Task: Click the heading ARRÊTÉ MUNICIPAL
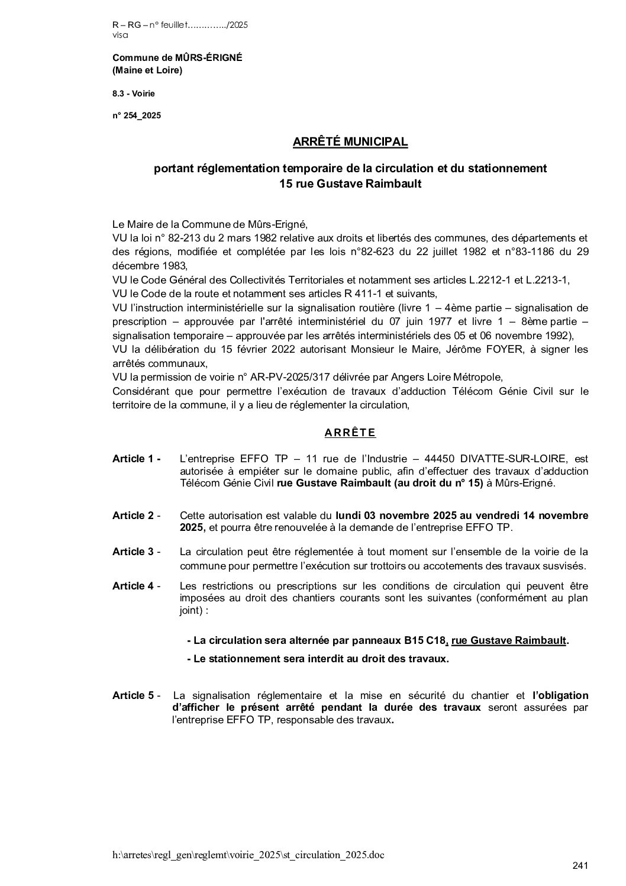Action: (350, 142)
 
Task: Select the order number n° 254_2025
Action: (137, 115)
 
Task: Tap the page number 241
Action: (580, 866)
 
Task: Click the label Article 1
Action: (136, 459)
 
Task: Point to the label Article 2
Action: (136, 516)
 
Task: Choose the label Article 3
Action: (136, 552)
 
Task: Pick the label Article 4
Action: (136, 586)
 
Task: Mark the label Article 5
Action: (136, 695)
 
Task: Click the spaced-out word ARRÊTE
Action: (350, 433)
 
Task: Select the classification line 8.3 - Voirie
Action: (134, 93)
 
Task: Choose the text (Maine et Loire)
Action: (147, 70)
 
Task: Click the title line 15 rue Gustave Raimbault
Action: (350, 184)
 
